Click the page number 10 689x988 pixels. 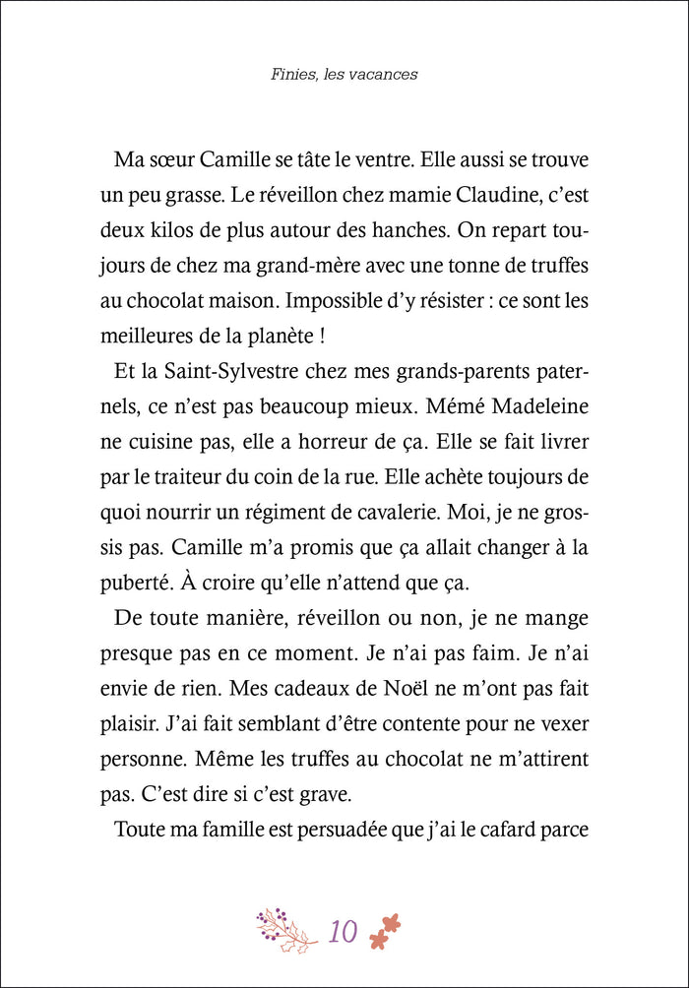pyautogui.click(x=344, y=931)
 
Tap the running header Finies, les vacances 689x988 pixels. pyautogui.click(x=344, y=75)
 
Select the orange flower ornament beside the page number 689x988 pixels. pyautogui.click(x=387, y=930)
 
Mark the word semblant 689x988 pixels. pyautogui.click(x=259, y=725)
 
